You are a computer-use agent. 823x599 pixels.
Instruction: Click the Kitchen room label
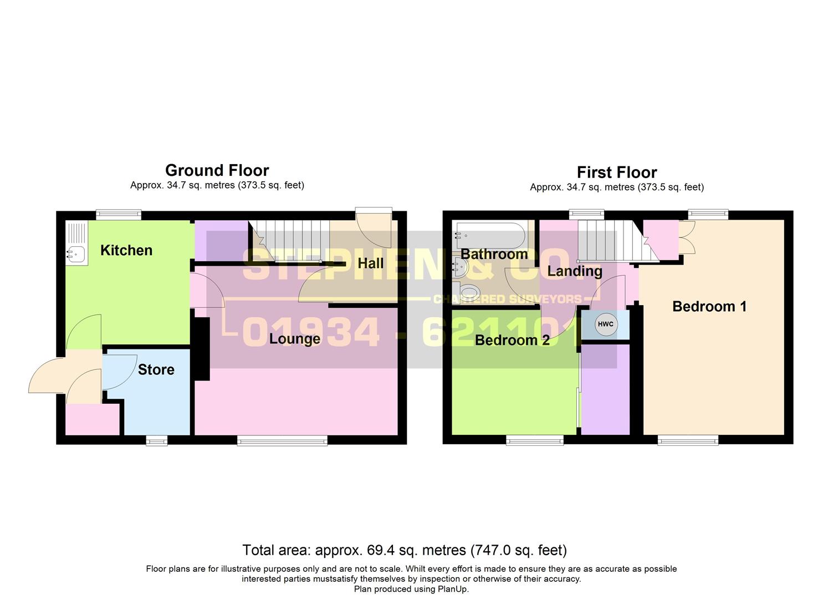126,251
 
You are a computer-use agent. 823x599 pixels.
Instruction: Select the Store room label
156,370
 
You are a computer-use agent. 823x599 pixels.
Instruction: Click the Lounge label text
294,339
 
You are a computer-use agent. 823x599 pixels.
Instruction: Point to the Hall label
370,263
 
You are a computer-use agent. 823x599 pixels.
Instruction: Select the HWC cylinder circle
605,324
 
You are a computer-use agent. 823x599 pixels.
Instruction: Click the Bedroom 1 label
709,307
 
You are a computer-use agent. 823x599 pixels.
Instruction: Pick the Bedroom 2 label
512,341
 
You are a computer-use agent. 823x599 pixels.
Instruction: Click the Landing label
575,271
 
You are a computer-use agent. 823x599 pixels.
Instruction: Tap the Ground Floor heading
217,170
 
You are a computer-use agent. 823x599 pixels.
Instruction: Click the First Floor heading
616,172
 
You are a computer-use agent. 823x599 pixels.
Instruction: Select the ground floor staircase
288,240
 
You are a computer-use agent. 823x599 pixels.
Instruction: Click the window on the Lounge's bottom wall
282,440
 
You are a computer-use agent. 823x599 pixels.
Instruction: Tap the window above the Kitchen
119,215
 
